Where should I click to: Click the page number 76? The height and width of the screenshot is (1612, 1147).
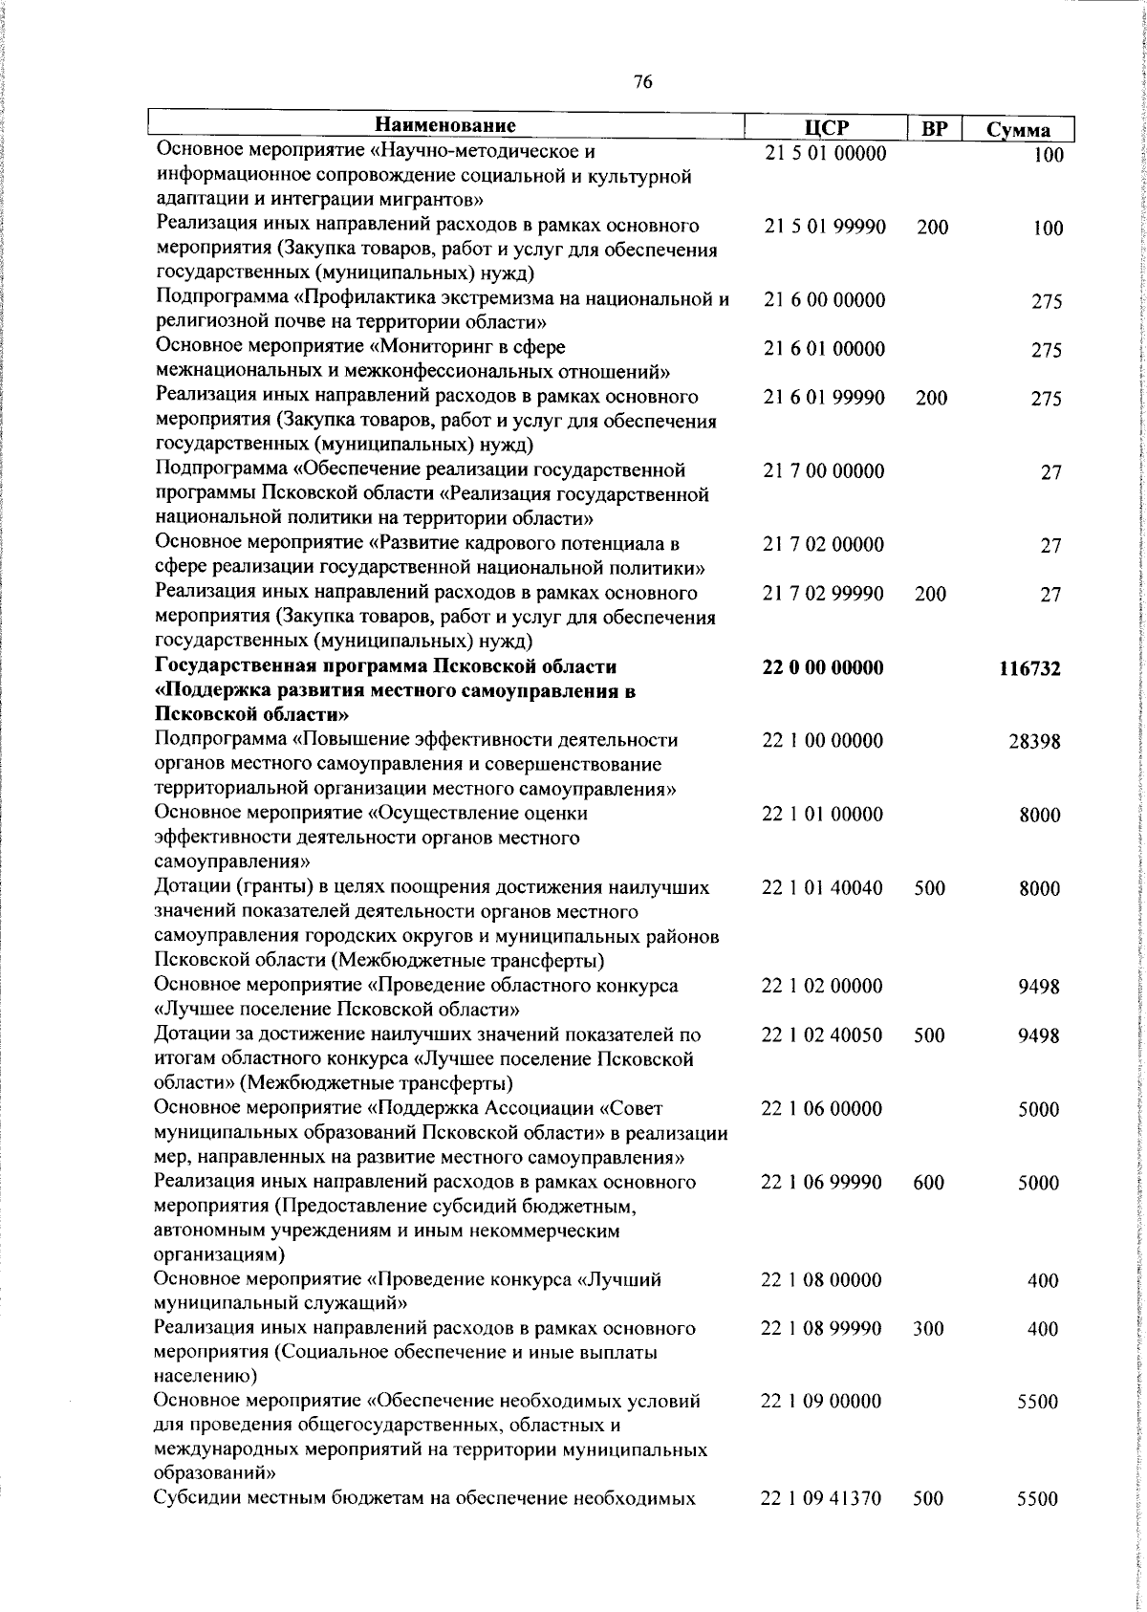(x=642, y=83)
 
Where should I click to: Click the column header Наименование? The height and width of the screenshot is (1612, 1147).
(x=445, y=126)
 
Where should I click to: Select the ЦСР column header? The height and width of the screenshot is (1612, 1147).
(x=826, y=128)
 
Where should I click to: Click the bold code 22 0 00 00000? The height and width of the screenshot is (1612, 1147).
(x=823, y=667)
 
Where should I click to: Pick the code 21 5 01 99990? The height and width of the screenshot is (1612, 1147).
(x=825, y=228)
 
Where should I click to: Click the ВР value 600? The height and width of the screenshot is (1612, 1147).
(x=929, y=1183)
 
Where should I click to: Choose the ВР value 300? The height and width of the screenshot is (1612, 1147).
(x=928, y=1329)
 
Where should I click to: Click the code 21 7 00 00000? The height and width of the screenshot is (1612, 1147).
(x=824, y=471)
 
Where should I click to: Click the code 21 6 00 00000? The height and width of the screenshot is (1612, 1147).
(x=824, y=300)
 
